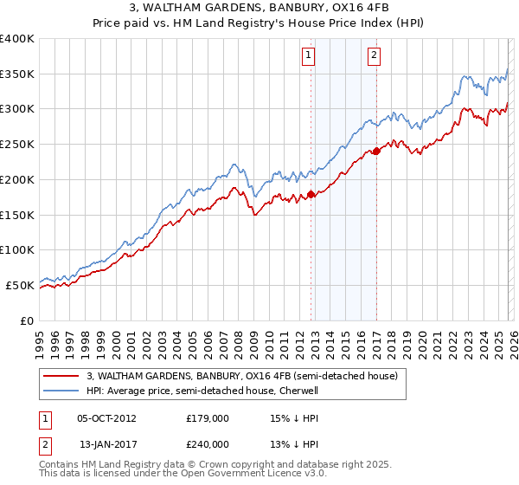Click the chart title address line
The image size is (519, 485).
point(259,9)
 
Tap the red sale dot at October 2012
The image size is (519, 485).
point(311,195)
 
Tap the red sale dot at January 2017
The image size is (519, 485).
point(377,152)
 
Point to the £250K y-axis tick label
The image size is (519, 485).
point(17,144)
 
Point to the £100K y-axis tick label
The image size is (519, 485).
point(17,249)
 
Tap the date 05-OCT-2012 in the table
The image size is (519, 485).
point(106,417)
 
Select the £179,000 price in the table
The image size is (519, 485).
point(208,417)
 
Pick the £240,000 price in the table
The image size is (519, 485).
point(208,444)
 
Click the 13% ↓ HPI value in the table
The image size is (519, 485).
point(289,444)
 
